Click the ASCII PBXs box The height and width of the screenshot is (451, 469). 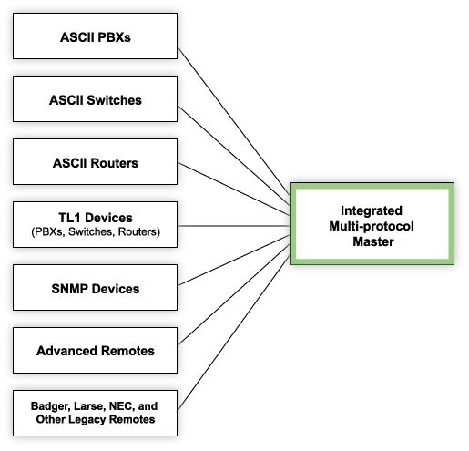click(x=95, y=36)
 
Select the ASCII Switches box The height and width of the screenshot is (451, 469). click(x=95, y=98)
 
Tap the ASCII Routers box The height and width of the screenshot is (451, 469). click(x=95, y=161)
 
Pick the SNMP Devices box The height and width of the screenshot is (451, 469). click(x=95, y=287)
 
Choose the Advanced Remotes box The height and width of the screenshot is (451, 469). click(x=95, y=350)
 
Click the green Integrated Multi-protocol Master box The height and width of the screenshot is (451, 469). click(x=372, y=224)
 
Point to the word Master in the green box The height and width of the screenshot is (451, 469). click(x=373, y=241)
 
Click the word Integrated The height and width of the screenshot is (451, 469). click(x=372, y=210)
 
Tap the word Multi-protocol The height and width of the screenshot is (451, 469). click(x=372, y=226)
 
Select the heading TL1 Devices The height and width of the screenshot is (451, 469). click(x=96, y=218)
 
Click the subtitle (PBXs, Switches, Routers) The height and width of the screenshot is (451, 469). click(x=96, y=231)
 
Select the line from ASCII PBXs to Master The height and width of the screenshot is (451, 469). click(x=234, y=121)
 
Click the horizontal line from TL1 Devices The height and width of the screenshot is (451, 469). click(x=234, y=226)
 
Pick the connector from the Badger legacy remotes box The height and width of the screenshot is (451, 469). click(x=234, y=333)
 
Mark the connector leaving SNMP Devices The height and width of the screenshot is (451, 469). click(x=234, y=261)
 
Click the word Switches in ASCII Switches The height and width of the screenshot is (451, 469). click(x=114, y=100)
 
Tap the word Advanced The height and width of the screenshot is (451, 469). click(x=66, y=351)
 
